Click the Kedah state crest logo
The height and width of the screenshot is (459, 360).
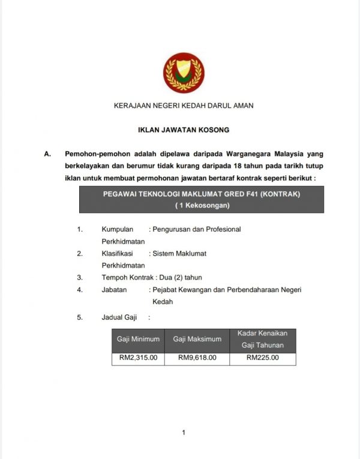[x=184, y=73]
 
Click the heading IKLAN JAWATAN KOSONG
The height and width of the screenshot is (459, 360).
[x=184, y=130]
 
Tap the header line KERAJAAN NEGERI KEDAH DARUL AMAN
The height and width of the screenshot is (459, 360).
[x=184, y=106]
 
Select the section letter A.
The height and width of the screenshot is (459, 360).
[x=47, y=154]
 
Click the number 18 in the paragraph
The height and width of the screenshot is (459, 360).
[x=232, y=166]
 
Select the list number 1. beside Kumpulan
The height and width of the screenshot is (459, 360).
[x=80, y=229]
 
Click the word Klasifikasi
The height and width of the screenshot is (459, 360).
[x=117, y=253]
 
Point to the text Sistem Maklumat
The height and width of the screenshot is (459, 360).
[x=179, y=253]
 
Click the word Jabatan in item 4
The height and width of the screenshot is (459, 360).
[x=114, y=290]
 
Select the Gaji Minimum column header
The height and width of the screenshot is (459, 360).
[x=138, y=339]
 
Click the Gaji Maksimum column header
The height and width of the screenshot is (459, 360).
[x=197, y=339]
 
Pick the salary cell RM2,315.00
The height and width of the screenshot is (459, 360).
[x=138, y=358]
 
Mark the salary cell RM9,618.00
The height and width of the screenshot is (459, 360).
[x=197, y=358]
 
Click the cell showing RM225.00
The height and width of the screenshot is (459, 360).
[x=262, y=358]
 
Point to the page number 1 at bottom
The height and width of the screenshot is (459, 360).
[x=184, y=432]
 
